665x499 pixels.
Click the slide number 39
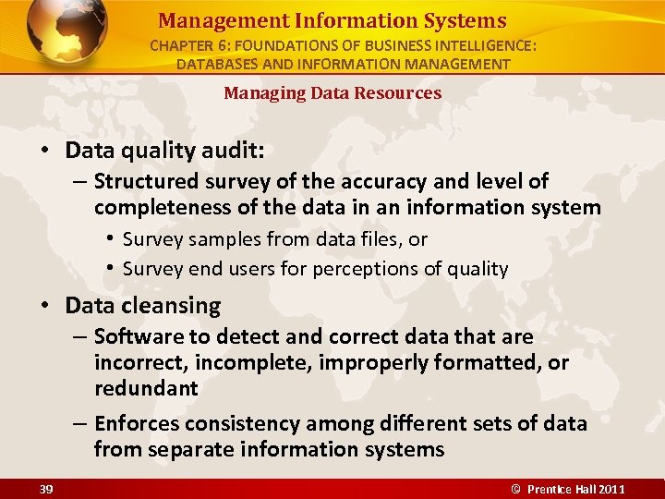[46, 488]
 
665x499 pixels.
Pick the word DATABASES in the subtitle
[219, 64]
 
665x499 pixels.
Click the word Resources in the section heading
[397, 92]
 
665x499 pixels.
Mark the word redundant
[146, 388]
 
